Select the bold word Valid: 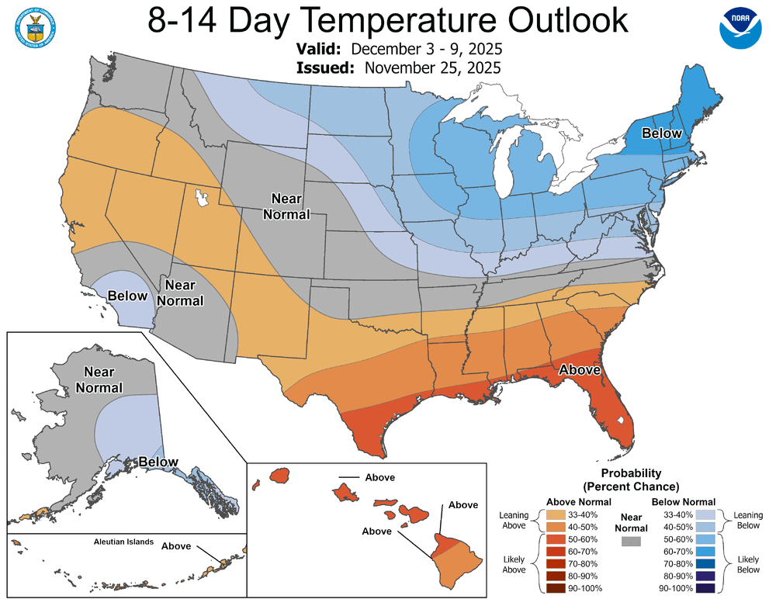[x=321, y=49]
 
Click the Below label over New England [x=661, y=133]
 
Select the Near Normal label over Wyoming [x=286, y=206]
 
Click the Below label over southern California [x=129, y=296]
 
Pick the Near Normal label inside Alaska [x=104, y=379]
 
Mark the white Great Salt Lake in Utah [x=203, y=199]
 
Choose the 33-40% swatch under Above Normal [x=556, y=514]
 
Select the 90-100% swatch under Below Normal [x=704, y=588]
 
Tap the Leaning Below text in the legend [x=749, y=521]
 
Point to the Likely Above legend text [x=513, y=563]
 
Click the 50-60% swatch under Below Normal [x=704, y=538]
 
